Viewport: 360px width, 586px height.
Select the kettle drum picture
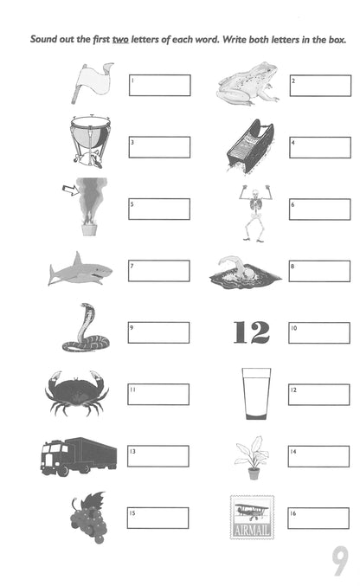91,143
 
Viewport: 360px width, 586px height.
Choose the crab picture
76,392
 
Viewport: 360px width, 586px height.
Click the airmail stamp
252,517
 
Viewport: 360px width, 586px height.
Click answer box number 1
159,85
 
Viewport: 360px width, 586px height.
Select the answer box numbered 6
319,209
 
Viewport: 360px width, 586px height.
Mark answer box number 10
319,333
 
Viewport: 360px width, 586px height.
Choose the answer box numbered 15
158,518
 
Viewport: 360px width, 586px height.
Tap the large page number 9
340,562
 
